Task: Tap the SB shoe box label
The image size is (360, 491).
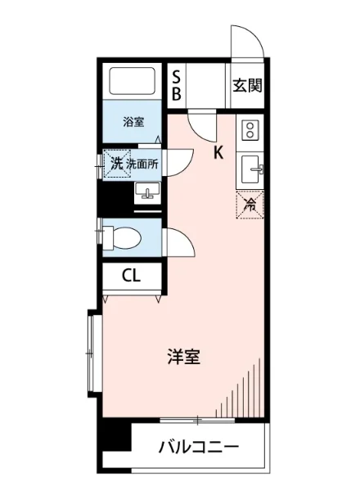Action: [176, 85]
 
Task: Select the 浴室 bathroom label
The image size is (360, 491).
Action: [133, 122]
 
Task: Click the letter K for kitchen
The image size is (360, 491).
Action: [218, 152]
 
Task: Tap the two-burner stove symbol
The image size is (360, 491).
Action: [250, 129]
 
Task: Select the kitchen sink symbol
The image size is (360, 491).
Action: [250, 170]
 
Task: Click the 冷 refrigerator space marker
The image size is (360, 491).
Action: [250, 205]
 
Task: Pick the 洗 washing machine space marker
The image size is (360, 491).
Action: [117, 163]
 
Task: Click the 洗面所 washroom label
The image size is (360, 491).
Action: [142, 163]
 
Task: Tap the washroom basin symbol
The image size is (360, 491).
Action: [148, 193]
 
